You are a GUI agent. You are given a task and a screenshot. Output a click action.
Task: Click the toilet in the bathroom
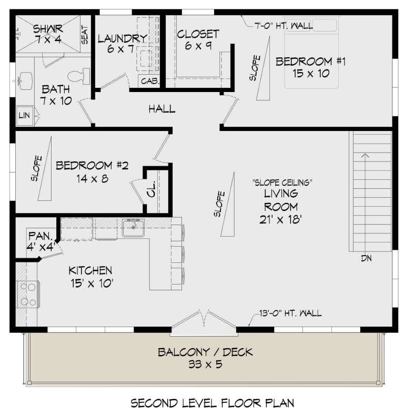pos(80,76)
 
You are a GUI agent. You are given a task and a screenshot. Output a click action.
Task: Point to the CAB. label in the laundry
pos(149,82)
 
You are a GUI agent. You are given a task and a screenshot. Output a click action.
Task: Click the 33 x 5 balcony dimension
pos(205,364)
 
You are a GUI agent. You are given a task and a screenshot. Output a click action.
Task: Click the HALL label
pos(161,109)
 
